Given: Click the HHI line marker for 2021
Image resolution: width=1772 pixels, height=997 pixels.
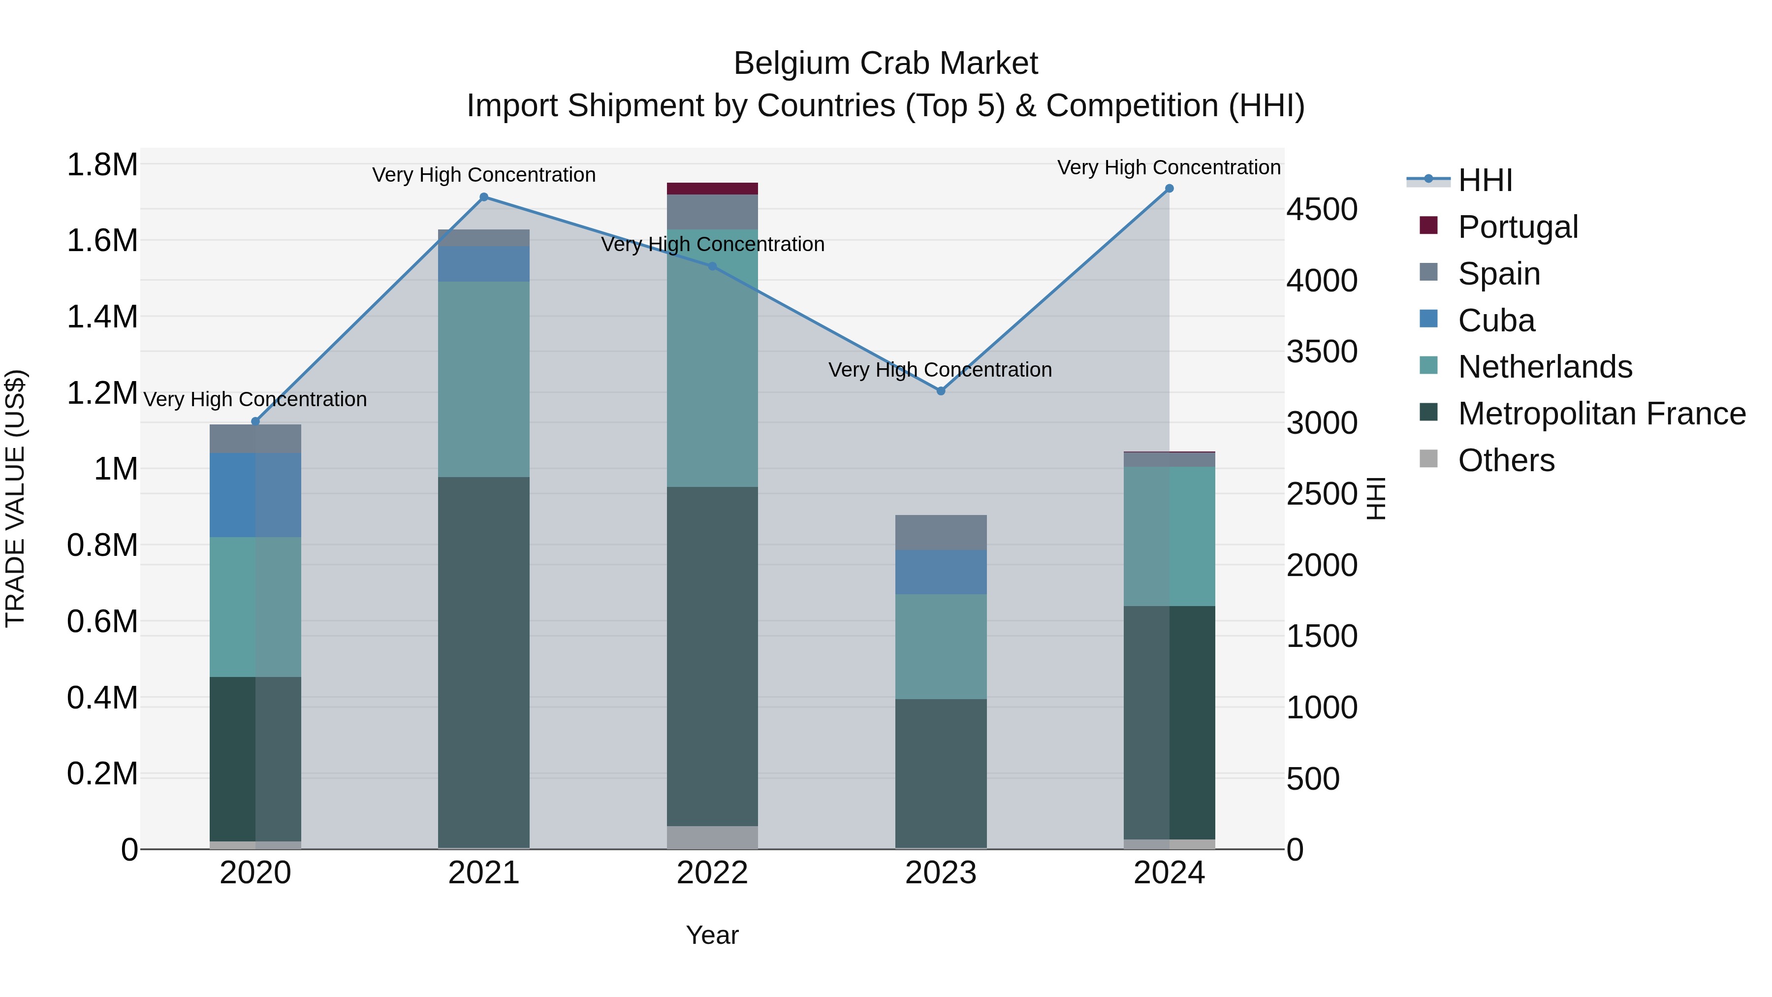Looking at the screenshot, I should (483, 197).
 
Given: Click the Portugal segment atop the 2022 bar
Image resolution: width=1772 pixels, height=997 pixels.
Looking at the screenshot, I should (713, 189).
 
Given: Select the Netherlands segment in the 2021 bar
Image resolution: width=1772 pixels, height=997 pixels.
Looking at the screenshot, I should (483, 379).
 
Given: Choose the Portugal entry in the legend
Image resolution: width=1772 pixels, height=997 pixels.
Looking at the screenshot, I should (1518, 227).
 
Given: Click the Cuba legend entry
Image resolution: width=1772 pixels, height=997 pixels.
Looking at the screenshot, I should (1496, 321).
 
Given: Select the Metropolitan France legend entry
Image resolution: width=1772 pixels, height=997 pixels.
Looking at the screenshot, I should (1601, 414).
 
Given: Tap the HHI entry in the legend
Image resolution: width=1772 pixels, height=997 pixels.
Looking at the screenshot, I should (1485, 180).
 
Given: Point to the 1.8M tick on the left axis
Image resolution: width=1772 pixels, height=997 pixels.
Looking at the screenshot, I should (102, 165).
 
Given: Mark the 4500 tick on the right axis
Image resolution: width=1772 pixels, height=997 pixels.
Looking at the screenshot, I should (1322, 210).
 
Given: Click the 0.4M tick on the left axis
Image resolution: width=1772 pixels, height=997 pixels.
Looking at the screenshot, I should (102, 698).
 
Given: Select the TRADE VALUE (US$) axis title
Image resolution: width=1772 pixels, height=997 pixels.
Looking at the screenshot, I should (15, 498).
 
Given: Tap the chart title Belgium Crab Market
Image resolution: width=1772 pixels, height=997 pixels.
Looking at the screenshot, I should (886, 64).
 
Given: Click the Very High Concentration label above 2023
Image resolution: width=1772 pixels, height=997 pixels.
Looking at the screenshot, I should (940, 370).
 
